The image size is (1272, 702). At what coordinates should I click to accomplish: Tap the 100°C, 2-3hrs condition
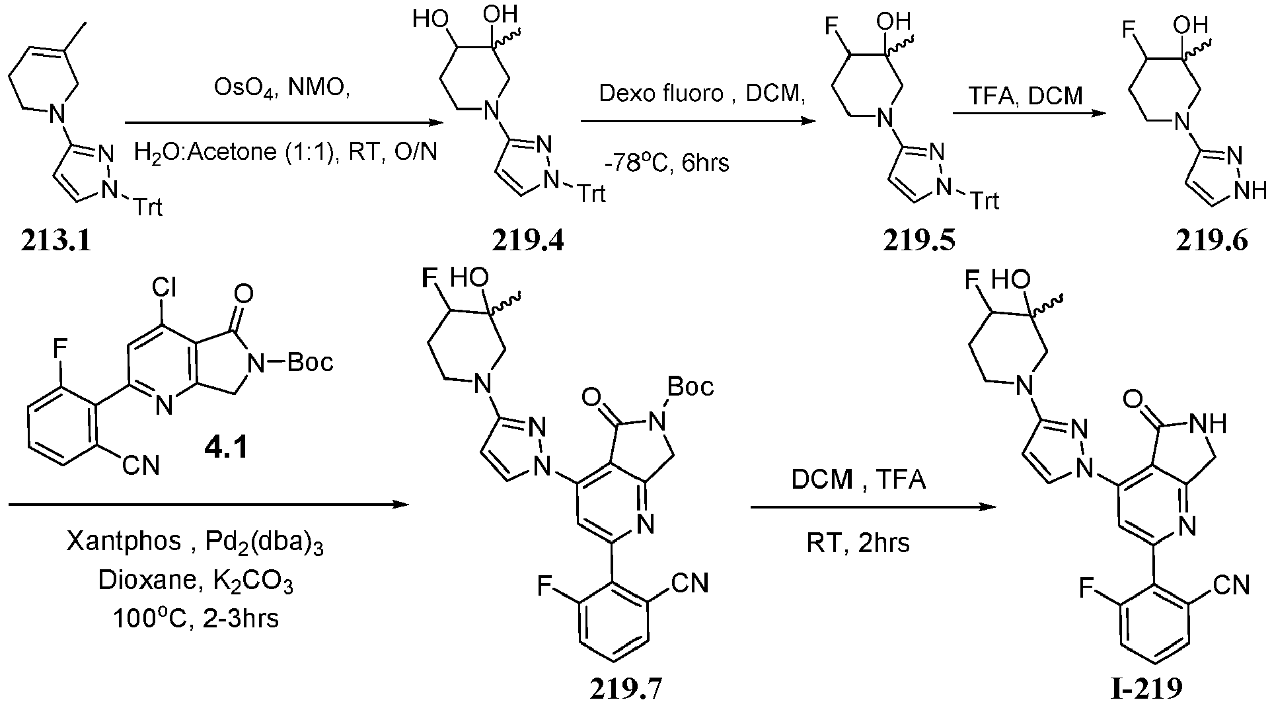click(x=195, y=619)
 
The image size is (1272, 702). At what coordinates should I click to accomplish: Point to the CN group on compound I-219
click(x=1231, y=585)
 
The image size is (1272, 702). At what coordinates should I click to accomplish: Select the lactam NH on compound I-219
click(x=1211, y=423)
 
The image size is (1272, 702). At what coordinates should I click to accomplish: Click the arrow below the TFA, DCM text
click(x=1029, y=114)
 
